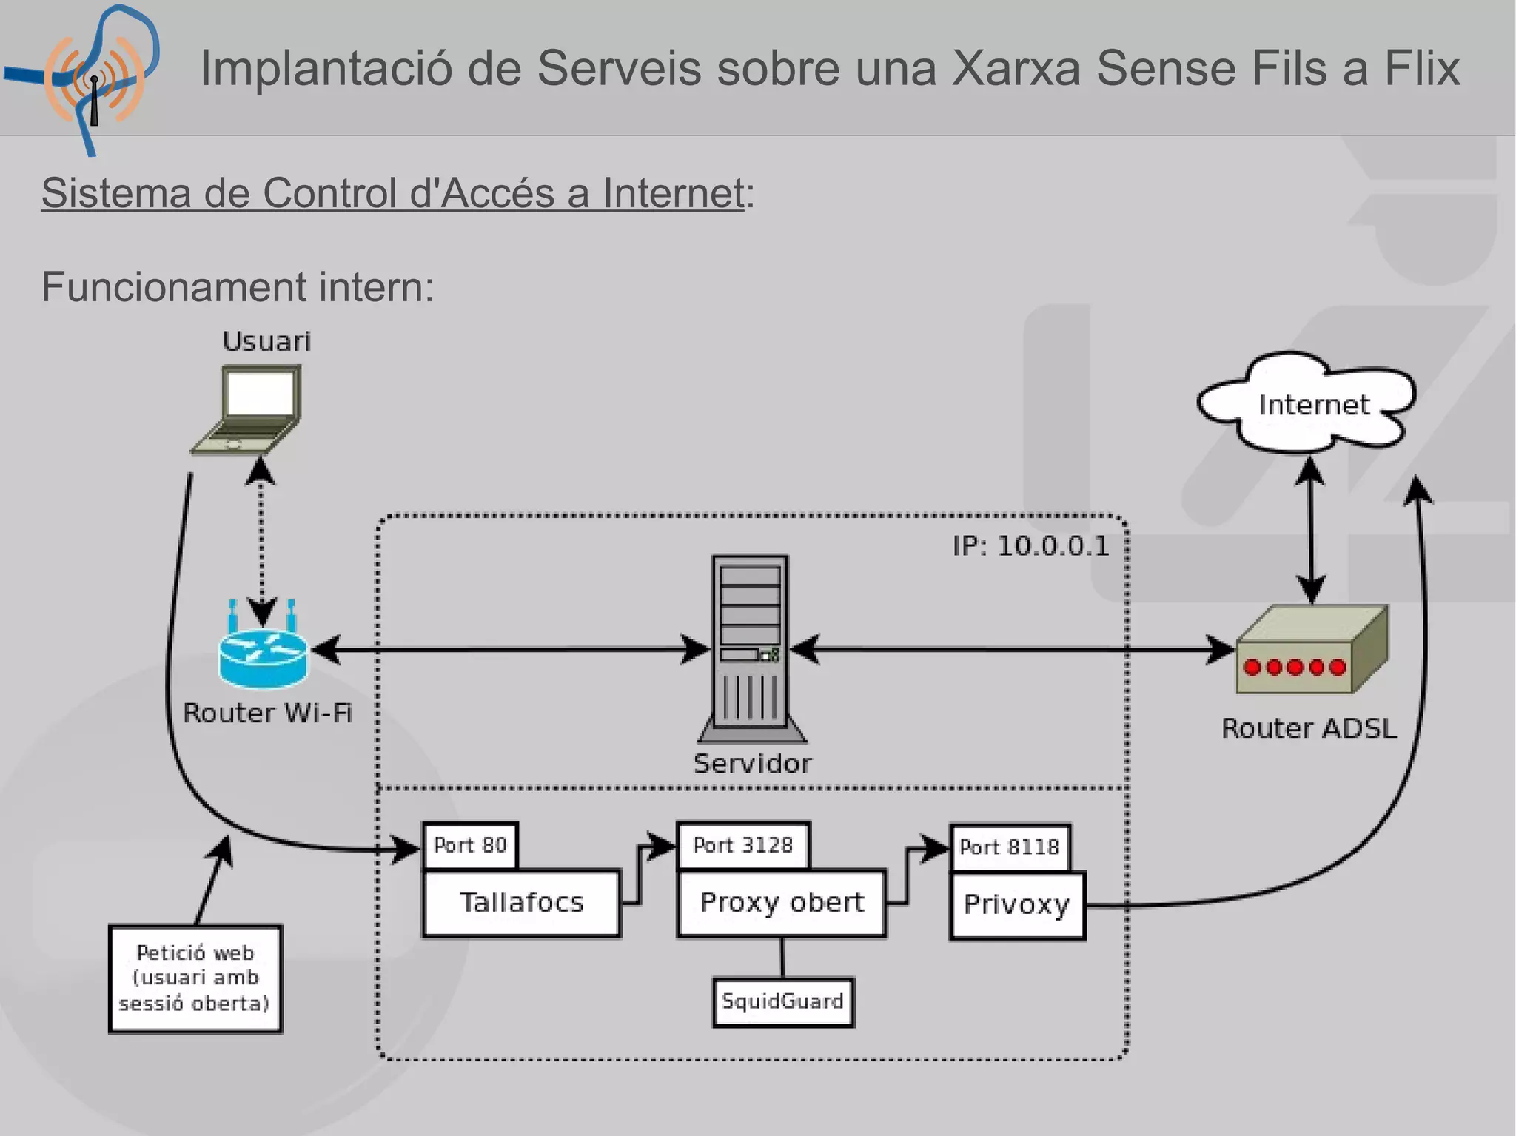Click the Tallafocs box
(x=521, y=903)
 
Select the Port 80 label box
(x=470, y=845)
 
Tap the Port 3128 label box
(x=742, y=844)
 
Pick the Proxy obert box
(x=781, y=903)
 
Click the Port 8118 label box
(x=1010, y=847)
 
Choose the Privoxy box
(x=1016, y=905)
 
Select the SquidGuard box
(x=782, y=1002)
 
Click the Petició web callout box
(x=195, y=978)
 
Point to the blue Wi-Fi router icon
(x=263, y=651)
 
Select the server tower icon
(x=751, y=648)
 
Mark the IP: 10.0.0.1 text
(x=1030, y=546)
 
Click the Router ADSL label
(x=1308, y=728)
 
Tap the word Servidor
(x=752, y=763)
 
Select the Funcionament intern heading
(x=237, y=287)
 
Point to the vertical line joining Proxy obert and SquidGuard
(x=782, y=958)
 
